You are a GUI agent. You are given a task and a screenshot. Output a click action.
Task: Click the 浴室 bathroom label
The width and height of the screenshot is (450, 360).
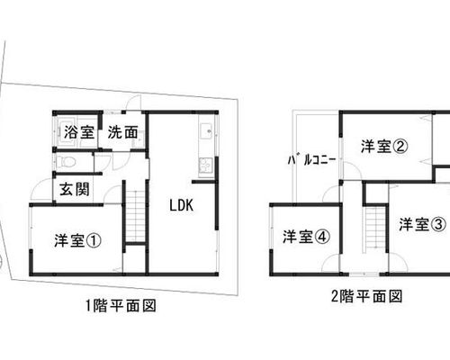pyautogui.click(x=79, y=132)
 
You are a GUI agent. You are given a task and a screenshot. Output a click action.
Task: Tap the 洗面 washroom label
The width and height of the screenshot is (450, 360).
pyautogui.click(x=123, y=132)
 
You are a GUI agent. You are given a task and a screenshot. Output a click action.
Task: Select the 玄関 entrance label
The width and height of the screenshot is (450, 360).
pyautogui.click(x=75, y=189)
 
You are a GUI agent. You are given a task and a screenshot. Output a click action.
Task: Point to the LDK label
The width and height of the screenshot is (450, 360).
pyautogui.click(x=182, y=205)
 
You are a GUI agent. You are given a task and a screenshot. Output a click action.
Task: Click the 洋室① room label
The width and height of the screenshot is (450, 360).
pyautogui.click(x=78, y=240)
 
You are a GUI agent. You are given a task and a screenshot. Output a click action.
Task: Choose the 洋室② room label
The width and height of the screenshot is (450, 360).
pyautogui.click(x=384, y=147)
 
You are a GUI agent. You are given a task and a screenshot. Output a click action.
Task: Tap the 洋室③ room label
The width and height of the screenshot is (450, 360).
pyautogui.click(x=422, y=224)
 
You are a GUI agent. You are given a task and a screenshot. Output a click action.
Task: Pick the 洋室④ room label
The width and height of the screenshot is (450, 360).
pyautogui.click(x=307, y=237)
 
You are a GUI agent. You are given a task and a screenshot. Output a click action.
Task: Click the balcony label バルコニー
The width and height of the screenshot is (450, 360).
pyautogui.click(x=311, y=160)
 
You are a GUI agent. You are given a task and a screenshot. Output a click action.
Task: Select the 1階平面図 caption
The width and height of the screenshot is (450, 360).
pyautogui.click(x=121, y=306)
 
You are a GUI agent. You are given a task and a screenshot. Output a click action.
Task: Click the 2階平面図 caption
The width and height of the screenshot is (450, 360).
pyautogui.click(x=366, y=297)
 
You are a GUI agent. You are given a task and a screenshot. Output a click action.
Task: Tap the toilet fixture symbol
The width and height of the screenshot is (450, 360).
pyautogui.click(x=67, y=163)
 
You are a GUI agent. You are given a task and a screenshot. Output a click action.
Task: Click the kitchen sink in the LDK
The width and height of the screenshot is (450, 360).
pyautogui.click(x=206, y=131)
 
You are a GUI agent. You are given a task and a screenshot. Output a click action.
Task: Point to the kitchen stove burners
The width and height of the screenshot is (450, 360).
pyautogui.click(x=206, y=166)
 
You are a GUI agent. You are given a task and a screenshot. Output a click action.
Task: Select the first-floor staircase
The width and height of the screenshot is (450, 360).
pyautogui.click(x=136, y=215)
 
